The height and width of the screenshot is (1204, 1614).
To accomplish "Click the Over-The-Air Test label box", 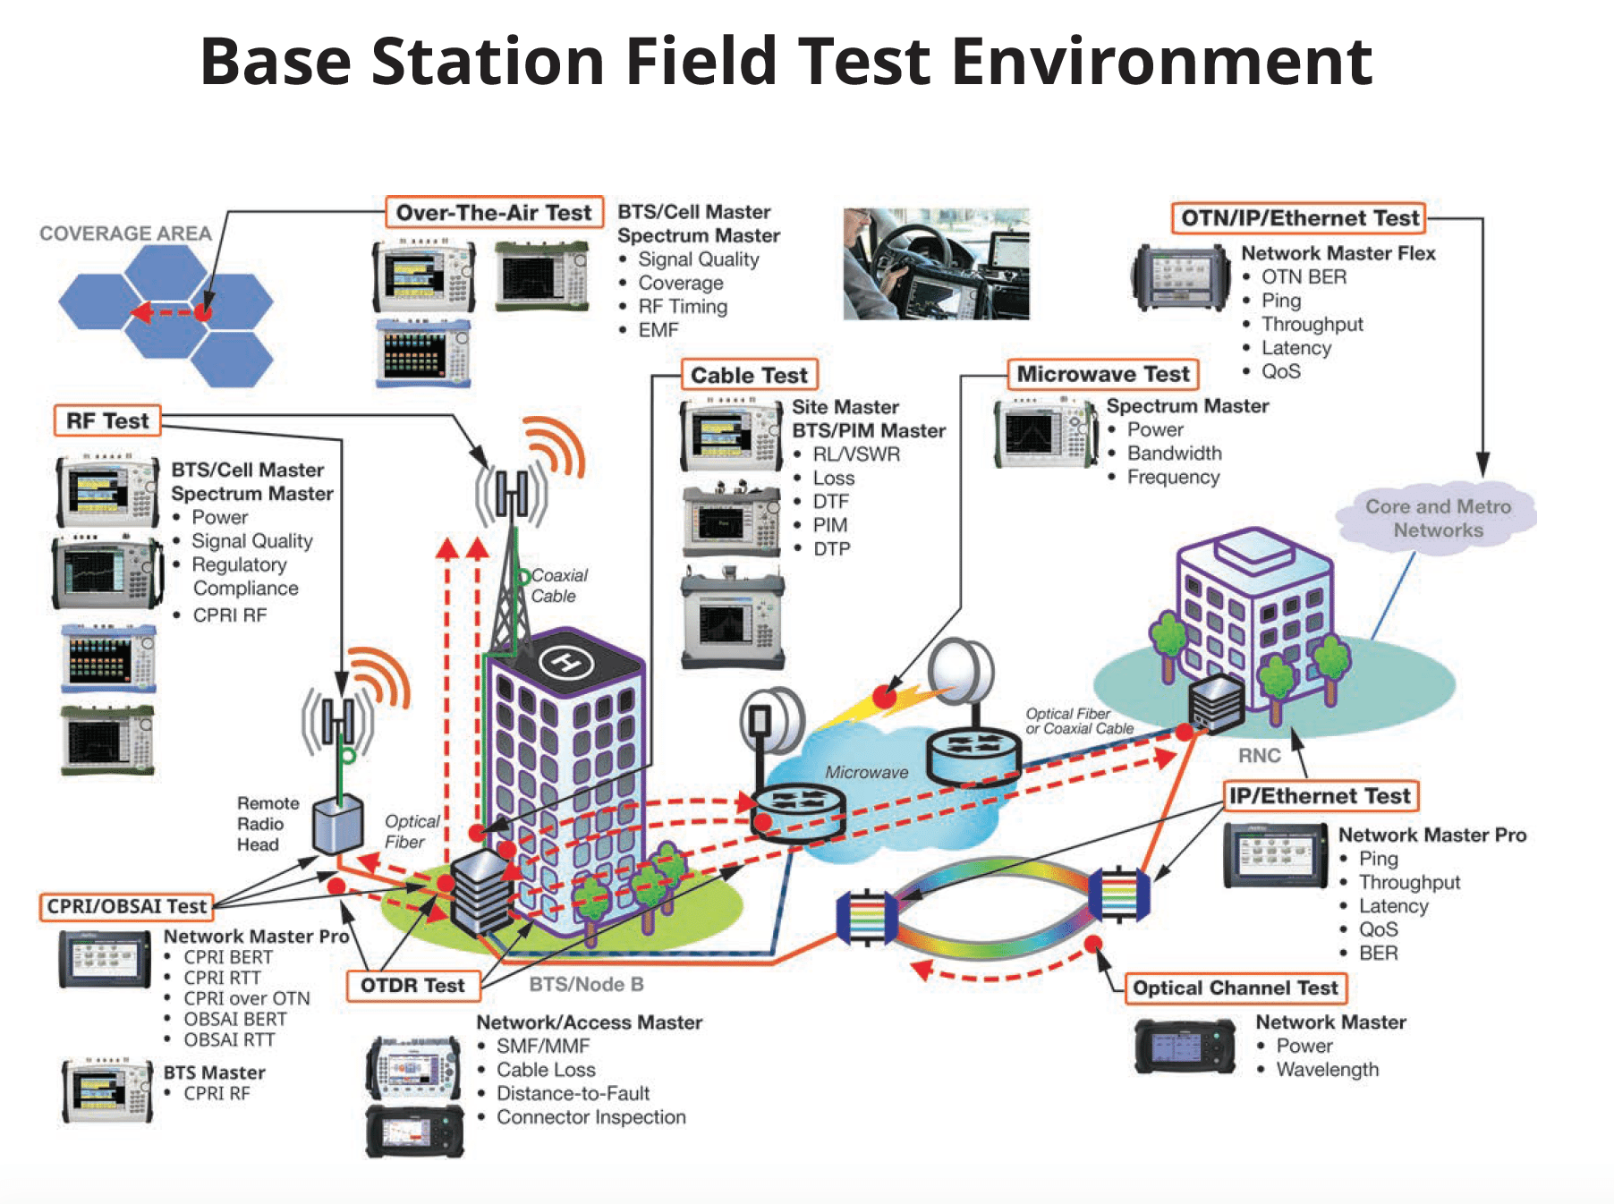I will [494, 213].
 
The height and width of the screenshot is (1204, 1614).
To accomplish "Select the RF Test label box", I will [107, 420].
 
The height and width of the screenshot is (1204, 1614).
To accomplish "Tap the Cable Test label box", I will [749, 375].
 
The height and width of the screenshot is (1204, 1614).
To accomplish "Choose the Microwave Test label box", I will [1103, 374].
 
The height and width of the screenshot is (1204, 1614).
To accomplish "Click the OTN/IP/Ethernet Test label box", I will [1299, 218].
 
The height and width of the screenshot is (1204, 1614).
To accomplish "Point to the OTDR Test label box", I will [412, 986].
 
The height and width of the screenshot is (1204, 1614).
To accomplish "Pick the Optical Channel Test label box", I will [1235, 988].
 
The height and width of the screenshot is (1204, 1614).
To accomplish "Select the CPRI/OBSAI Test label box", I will [127, 906].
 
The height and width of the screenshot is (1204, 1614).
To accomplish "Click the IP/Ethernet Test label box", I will [1319, 796].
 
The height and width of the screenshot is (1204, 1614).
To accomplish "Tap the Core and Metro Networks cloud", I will [1437, 519].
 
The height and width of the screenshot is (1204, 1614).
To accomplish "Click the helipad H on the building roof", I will [565, 663].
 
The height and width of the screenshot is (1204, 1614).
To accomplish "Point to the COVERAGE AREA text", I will [125, 233].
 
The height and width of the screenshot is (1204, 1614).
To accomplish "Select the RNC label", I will [1259, 756].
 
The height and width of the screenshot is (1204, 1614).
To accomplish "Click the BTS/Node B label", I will [586, 985].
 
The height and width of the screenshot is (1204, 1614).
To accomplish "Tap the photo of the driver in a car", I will [936, 264].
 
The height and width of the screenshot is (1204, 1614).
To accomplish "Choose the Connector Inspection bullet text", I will [590, 1117].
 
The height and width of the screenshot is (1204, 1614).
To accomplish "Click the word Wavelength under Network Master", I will [1327, 1070].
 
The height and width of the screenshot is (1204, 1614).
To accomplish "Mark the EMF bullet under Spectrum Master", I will [658, 330].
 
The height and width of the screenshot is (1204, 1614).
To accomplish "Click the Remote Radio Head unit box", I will [337, 823].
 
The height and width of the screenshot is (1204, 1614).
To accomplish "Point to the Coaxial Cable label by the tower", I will [558, 586].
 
